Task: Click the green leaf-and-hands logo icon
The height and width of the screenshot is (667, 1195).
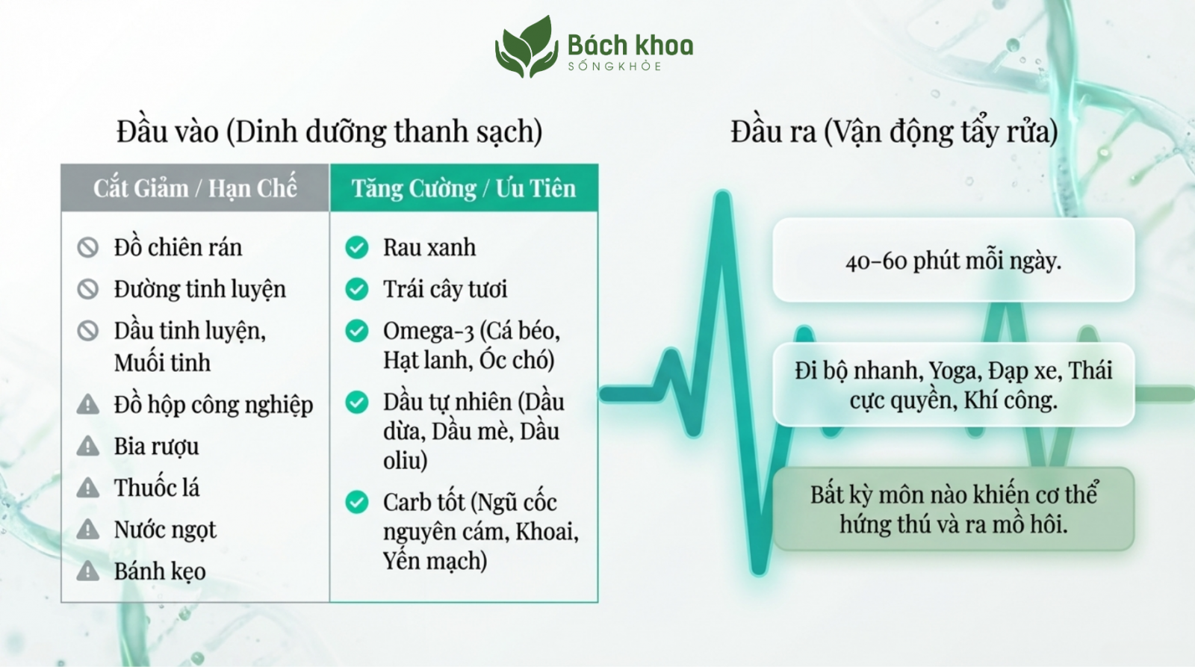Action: pyautogui.click(x=527, y=47)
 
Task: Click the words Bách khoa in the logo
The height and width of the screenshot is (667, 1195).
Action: pyautogui.click(x=630, y=46)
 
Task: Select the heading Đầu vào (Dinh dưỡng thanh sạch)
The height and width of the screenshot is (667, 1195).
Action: pyautogui.click(x=329, y=131)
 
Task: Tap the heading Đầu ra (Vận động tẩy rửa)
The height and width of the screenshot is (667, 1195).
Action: pyautogui.click(x=894, y=131)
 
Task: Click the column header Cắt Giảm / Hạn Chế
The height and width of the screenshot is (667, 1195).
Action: pyautogui.click(x=195, y=187)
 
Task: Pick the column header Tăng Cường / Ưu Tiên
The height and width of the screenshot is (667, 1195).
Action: pyautogui.click(x=464, y=187)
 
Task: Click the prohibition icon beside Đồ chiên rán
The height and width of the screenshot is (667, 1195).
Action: pyautogui.click(x=88, y=247)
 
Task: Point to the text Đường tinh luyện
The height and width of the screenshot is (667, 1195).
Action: pyautogui.click(x=200, y=289)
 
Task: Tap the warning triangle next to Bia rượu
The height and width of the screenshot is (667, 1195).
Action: pyautogui.click(x=88, y=446)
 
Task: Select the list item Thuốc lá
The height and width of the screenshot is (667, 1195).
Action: pyautogui.click(x=156, y=488)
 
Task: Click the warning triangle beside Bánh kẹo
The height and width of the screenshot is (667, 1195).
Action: pyautogui.click(x=88, y=571)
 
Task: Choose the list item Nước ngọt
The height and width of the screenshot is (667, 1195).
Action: pyautogui.click(x=165, y=530)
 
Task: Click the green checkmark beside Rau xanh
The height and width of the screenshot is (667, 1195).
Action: pyautogui.click(x=357, y=247)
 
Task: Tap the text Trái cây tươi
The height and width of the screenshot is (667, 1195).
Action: pyautogui.click(x=445, y=289)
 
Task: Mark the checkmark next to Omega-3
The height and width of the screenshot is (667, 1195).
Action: pyautogui.click(x=357, y=331)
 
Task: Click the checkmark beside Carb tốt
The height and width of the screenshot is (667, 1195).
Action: pyautogui.click(x=357, y=502)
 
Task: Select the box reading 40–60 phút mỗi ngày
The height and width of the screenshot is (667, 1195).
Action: pyautogui.click(x=953, y=260)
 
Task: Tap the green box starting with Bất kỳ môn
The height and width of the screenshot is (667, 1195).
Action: pyautogui.click(x=953, y=509)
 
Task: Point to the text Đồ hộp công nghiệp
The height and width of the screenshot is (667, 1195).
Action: pyautogui.click(x=214, y=405)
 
